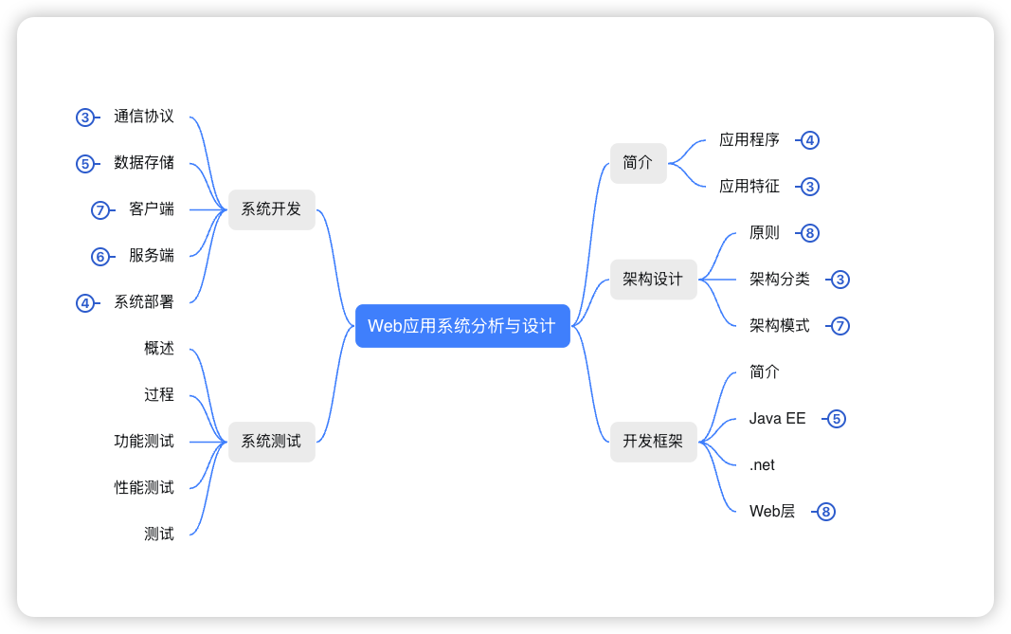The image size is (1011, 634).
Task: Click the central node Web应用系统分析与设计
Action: tap(461, 326)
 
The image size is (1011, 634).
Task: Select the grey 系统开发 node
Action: tap(271, 209)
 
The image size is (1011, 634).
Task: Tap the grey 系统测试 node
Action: tap(271, 442)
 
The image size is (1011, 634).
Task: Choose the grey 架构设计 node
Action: tap(653, 280)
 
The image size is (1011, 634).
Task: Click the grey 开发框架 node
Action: tap(653, 442)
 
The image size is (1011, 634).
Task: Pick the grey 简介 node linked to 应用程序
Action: tap(638, 163)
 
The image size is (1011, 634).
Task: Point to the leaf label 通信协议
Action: tap(144, 117)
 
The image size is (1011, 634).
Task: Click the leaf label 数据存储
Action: tap(144, 163)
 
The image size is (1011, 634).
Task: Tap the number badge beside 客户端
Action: tap(100, 210)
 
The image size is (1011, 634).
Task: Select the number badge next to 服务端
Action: tap(100, 257)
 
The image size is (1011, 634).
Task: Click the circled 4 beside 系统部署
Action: tap(85, 303)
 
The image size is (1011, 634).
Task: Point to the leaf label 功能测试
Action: tap(144, 442)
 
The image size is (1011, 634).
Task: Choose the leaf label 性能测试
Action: tap(144, 488)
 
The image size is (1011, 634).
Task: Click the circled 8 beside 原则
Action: tap(809, 233)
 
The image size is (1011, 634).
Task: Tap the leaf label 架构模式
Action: tap(779, 326)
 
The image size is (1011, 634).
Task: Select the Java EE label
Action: tap(777, 419)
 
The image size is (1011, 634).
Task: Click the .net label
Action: tap(762, 465)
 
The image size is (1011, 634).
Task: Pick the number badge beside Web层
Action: tap(825, 512)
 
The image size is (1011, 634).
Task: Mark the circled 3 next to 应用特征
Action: tap(809, 187)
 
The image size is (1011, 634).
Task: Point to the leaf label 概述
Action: tap(159, 349)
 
